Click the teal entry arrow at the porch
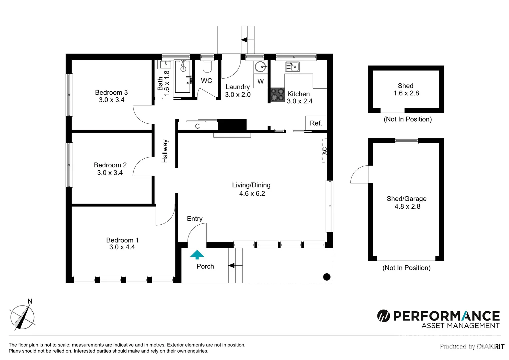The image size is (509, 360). click(x=197, y=255)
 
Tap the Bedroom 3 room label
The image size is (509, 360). click(x=111, y=92)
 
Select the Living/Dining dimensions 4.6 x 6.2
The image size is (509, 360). click(x=252, y=194)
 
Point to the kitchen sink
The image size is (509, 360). click(x=292, y=67)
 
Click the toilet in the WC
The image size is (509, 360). click(x=207, y=67)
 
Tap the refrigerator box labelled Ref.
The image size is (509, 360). click(x=316, y=123)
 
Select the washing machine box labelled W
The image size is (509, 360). click(x=260, y=81)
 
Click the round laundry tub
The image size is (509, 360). click(x=261, y=67)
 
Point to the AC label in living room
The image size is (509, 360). click(x=325, y=151)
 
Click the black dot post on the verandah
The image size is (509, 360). click(x=327, y=277)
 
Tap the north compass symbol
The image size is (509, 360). click(x=22, y=317)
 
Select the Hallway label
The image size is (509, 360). click(x=165, y=151)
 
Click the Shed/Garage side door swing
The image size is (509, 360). click(x=360, y=175)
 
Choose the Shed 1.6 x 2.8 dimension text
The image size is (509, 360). click(x=406, y=93)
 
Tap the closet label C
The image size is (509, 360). click(x=197, y=126)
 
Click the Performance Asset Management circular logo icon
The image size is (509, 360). click(x=383, y=316)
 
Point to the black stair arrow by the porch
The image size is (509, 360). click(x=231, y=266)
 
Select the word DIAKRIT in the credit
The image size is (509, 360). click(x=490, y=347)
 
